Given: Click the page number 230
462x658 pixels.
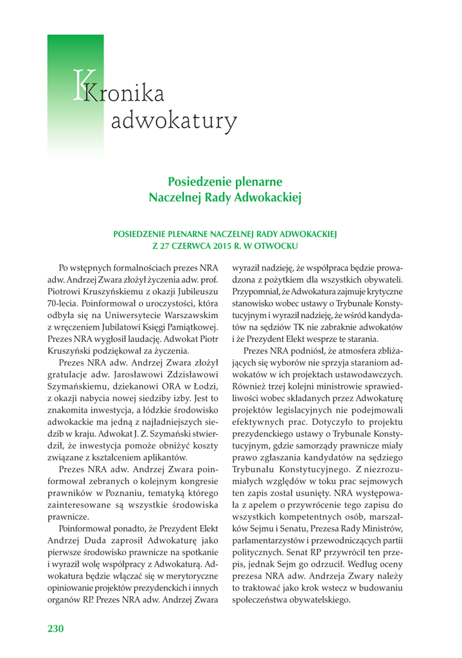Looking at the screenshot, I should [56, 628].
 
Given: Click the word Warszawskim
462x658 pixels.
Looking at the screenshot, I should [190, 315].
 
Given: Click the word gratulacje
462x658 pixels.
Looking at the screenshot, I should [71, 375].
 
